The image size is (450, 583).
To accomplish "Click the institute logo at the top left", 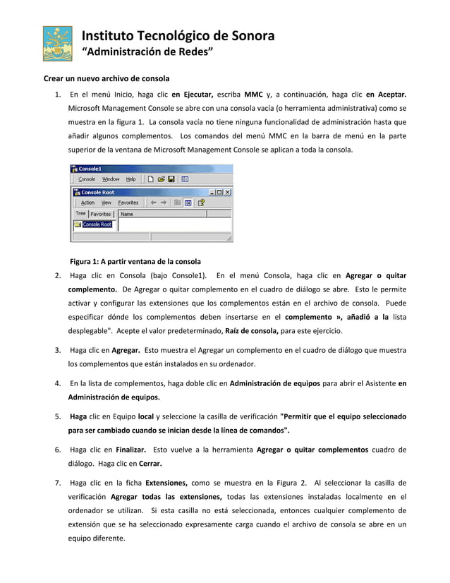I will point(57,44).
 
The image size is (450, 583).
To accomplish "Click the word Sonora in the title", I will point(246,36).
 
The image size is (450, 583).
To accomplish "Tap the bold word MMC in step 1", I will point(254,95).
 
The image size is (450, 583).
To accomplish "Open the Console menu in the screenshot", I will point(86,179).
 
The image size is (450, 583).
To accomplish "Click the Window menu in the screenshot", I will point(111,179).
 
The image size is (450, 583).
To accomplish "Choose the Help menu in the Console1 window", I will point(131,179).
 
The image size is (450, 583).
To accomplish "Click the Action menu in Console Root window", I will point(87,203).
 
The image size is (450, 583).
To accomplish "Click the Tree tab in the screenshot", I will point(80,213).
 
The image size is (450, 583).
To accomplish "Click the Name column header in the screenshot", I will point(127,213).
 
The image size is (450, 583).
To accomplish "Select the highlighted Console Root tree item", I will point(96,224).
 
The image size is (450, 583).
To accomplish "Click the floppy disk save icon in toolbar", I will point(171,179).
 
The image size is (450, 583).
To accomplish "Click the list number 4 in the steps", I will point(57,384).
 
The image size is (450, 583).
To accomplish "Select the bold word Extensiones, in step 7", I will point(166,483).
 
